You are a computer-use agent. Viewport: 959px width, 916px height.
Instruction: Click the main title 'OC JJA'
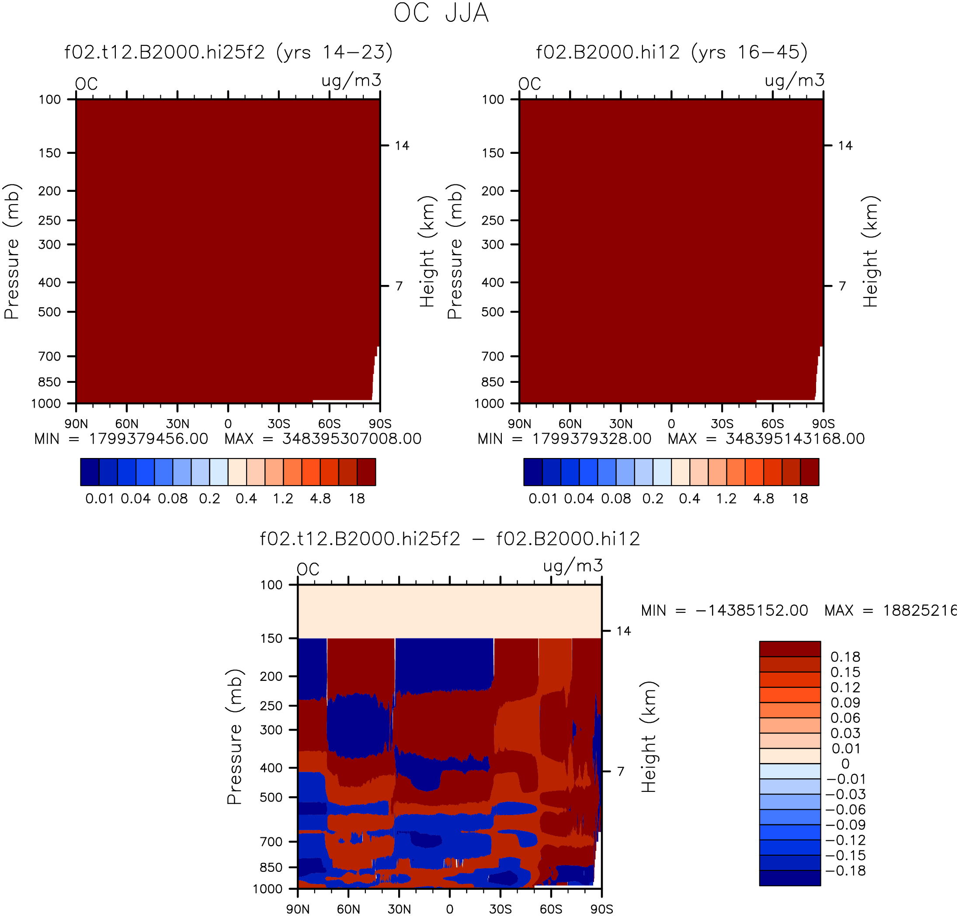pos(441,13)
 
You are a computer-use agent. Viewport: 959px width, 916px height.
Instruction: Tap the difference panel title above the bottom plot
pos(450,538)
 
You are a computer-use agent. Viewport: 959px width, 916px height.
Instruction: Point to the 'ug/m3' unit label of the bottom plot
pos(573,566)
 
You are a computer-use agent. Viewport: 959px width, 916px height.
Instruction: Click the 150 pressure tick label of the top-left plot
pos(50,153)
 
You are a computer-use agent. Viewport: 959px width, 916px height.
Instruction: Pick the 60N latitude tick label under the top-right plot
pos(570,423)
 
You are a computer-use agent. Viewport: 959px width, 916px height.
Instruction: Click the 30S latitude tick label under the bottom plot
pos(500,909)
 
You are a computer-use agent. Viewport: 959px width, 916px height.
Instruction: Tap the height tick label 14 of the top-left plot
pos(402,146)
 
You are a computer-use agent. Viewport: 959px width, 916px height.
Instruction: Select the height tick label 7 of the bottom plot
pos(620,771)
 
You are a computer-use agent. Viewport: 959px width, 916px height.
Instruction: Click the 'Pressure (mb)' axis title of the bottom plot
pos(234,737)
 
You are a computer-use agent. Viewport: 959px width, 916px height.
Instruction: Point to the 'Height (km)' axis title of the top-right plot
pos(870,251)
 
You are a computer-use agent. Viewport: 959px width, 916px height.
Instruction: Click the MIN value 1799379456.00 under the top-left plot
pos(149,438)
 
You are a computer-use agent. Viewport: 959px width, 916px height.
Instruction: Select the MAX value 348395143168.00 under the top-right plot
pos(795,438)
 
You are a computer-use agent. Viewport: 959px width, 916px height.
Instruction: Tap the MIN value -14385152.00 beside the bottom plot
pos(751,611)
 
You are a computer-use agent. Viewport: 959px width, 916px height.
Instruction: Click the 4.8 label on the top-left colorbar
pos(320,499)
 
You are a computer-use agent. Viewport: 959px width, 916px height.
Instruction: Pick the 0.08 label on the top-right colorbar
pos(616,499)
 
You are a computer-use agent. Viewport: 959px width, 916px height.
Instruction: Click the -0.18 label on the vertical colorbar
pos(845,871)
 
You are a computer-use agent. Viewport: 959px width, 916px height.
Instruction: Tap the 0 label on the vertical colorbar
pos(845,763)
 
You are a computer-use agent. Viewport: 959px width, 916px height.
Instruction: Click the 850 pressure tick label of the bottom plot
pos(271,867)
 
